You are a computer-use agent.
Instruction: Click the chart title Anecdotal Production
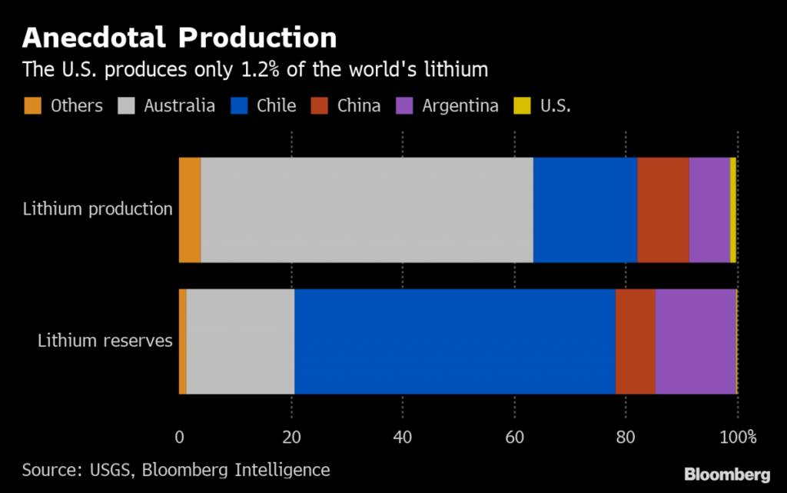[x=179, y=38]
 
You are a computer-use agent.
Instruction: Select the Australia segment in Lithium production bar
[x=367, y=210]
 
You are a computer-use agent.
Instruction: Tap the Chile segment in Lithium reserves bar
[x=454, y=341]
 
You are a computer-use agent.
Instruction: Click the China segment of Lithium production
[x=662, y=210]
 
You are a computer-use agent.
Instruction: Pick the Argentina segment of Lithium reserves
[x=696, y=341]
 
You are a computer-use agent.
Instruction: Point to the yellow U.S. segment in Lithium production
[x=733, y=210]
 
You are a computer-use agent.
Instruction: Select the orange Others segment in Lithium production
[x=190, y=210]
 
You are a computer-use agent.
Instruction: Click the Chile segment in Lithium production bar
[x=585, y=210]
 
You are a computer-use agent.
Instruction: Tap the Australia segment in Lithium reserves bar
[x=240, y=341]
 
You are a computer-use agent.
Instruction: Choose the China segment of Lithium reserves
[x=635, y=341]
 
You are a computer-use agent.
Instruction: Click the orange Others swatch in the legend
[x=32, y=105]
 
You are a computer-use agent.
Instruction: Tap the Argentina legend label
[x=460, y=105]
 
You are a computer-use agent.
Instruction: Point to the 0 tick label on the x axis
[x=179, y=438]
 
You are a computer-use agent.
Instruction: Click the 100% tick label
[x=739, y=438]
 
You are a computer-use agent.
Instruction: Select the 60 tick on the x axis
[x=514, y=438]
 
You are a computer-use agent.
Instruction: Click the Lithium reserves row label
[x=105, y=341]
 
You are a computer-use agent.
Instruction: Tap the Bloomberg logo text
[x=727, y=473]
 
